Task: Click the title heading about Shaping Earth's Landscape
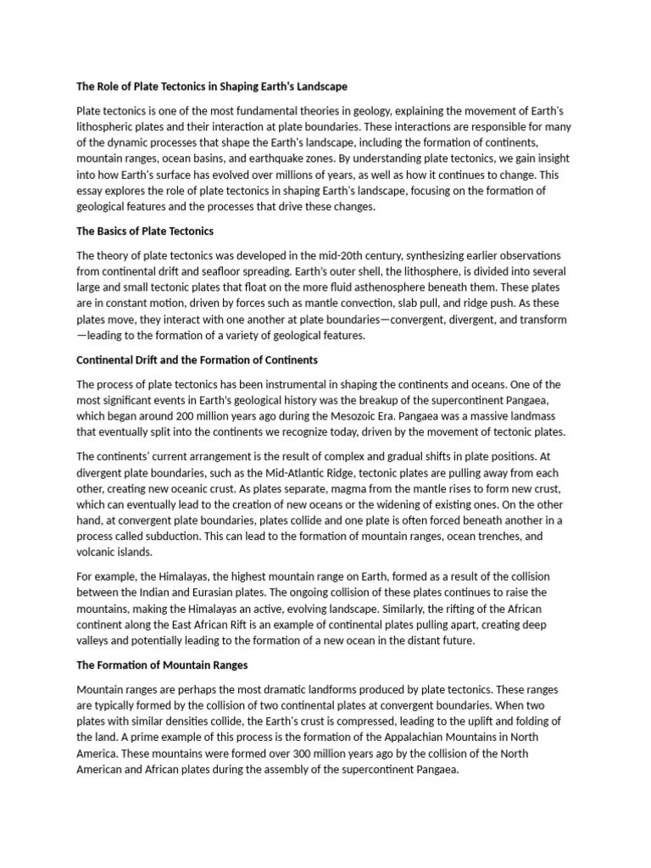[212, 86]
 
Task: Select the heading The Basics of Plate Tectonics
[145, 231]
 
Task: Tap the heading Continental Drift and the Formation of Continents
[197, 360]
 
